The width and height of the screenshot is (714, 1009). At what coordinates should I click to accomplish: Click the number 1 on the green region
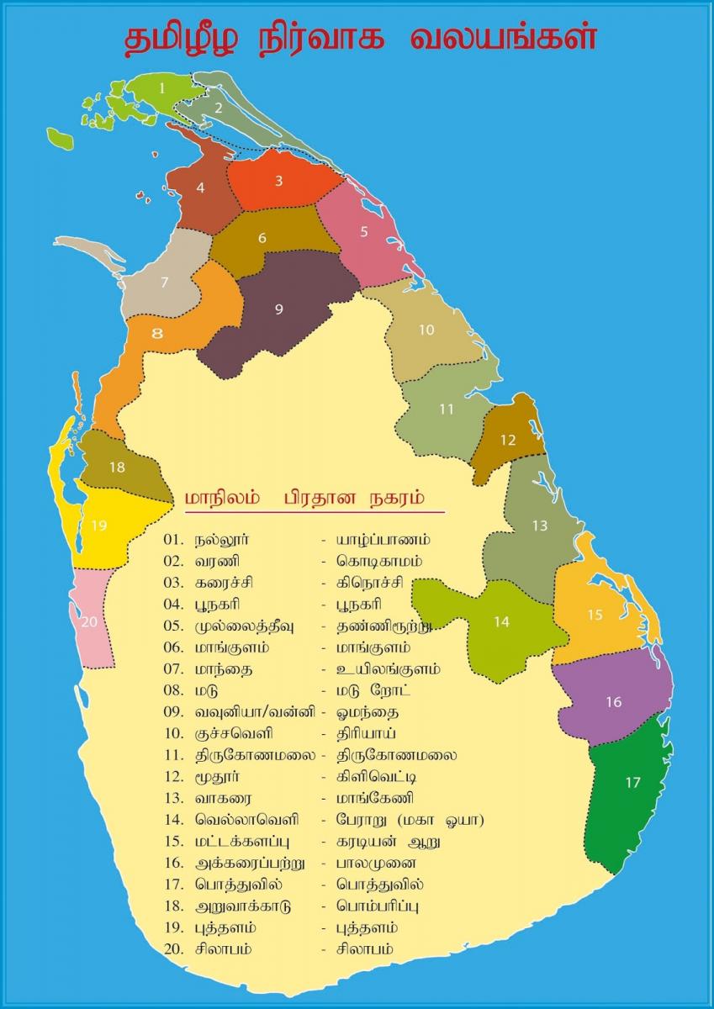[x=162, y=86]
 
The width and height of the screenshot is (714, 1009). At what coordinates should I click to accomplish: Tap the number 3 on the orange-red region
[x=278, y=180]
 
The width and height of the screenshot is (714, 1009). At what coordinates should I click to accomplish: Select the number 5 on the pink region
[x=364, y=231]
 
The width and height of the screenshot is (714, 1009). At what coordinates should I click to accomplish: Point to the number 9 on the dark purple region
[x=278, y=309]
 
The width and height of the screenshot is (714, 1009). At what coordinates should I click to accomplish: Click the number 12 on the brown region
[x=507, y=440]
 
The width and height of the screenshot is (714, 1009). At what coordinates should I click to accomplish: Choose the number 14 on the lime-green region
[x=501, y=622]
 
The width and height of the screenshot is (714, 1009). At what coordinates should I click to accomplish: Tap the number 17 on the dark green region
[x=632, y=783]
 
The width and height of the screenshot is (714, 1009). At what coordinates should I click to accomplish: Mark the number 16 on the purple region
[x=613, y=702]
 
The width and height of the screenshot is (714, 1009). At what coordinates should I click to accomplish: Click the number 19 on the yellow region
[x=99, y=526]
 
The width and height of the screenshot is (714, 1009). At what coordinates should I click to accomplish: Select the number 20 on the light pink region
[x=90, y=622]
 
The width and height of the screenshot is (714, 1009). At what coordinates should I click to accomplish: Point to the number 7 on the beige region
[x=165, y=283]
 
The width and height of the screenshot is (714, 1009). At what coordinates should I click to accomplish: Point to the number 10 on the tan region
[x=426, y=330]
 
